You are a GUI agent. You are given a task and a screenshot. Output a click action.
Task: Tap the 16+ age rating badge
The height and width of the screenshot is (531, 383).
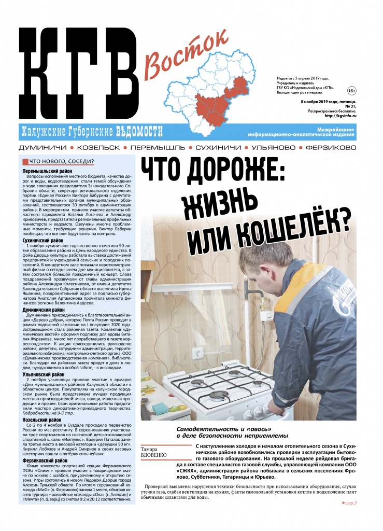(x=351, y=91)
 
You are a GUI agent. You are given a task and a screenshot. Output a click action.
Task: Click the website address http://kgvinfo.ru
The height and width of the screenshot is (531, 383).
(x=339, y=116)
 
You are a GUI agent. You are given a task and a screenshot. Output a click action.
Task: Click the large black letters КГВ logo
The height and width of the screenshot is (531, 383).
(x=78, y=73)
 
